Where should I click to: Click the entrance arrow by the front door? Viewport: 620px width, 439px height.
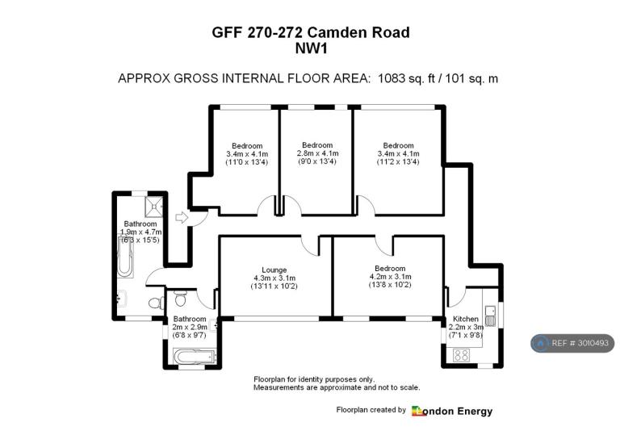(x=182, y=217)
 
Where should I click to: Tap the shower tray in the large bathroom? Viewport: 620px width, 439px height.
(x=153, y=207)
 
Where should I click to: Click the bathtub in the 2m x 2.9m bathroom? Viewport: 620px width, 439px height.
(x=195, y=357)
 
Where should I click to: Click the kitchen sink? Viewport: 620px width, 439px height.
(x=490, y=316)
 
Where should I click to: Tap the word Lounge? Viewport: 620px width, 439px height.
(x=274, y=270)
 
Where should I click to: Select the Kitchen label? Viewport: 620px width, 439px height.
(x=465, y=319)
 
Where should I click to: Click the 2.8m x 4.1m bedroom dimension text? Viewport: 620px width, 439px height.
(x=317, y=153)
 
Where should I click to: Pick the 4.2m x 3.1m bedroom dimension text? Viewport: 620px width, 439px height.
(x=390, y=277)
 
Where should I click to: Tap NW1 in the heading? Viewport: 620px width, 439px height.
(x=312, y=48)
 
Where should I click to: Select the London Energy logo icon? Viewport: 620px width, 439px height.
(x=419, y=411)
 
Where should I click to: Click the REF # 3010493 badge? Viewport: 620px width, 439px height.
(x=572, y=343)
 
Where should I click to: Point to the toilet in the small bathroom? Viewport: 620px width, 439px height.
(x=180, y=298)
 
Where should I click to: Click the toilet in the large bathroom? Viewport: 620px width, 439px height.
(x=157, y=303)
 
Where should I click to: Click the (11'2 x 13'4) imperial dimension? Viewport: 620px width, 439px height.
(x=398, y=161)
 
